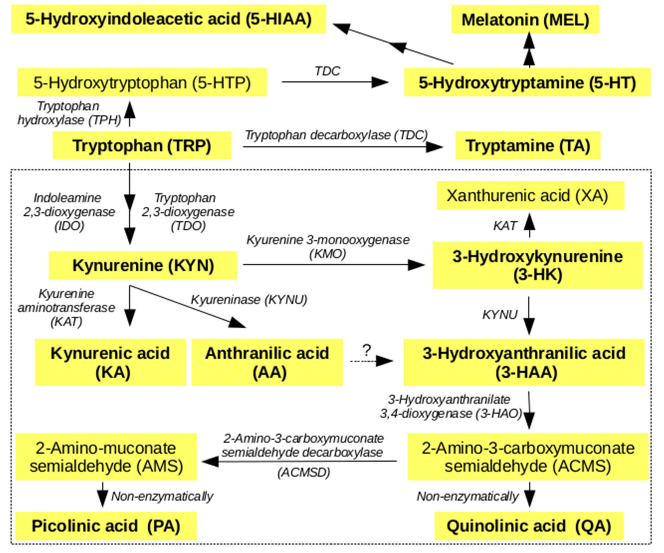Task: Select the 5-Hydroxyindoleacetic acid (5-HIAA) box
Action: [x=169, y=19]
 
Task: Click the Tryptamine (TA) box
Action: [x=527, y=145]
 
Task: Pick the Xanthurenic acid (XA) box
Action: [x=530, y=195]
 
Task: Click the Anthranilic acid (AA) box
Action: [x=267, y=362]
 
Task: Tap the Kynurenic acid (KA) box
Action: [x=110, y=362]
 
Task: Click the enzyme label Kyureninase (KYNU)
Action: [x=249, y=300]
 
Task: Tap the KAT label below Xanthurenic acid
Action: [x=505, y=226]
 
